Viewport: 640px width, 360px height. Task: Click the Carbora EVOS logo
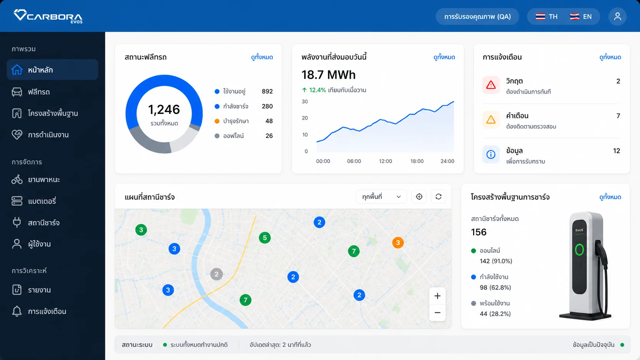tap(48, 16)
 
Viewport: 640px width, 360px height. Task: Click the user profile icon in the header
tap(617, 16)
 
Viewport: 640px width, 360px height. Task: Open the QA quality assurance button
tap(477, 16)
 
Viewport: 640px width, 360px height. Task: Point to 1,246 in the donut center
tap(164, 110)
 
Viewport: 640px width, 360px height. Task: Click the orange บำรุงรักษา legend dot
tap(217, 121)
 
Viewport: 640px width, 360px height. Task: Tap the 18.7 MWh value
tap(328, 75)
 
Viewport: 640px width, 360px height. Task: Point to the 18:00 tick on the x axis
tap(417, 161)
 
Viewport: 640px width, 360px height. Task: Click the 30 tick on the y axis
tap(305, 102)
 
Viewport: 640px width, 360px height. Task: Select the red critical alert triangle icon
tap(491, 85)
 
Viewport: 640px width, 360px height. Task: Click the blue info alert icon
tap(491, 155)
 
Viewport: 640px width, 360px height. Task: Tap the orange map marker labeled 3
tap(398, 243)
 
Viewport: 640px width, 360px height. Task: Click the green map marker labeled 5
tap(265, 238)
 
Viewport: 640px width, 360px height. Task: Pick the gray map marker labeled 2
tap(217, 274)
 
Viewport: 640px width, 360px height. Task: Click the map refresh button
tap(438, 197)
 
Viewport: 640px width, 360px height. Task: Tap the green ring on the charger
tap(579, 250)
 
